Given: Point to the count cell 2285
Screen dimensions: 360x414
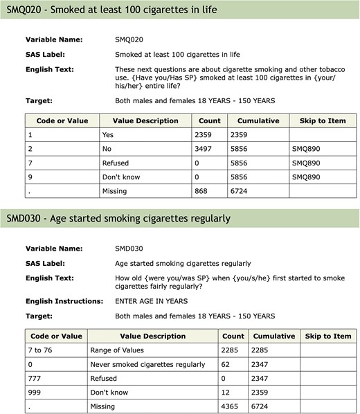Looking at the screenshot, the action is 233,350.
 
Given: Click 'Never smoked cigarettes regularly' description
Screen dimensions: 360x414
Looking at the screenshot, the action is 148,364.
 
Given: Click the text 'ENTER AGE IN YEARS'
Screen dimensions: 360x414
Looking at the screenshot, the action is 151,301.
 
